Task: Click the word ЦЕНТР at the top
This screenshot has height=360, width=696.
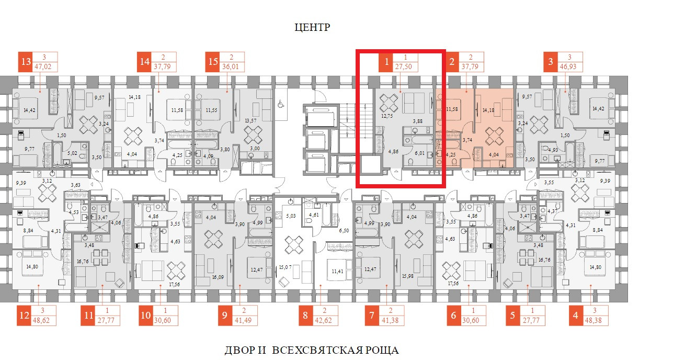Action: coord(312,27)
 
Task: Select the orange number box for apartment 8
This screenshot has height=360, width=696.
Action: coord(305,316)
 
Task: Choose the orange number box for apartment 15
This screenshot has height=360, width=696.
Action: coord(213,62)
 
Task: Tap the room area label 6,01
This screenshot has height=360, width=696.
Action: coord(420,154)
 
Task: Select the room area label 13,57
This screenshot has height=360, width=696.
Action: coord(251,120)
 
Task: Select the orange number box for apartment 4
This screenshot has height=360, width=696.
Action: coord(576,316)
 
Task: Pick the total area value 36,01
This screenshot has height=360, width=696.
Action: coord(227,67)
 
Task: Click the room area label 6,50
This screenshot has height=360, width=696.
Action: coord(344,231)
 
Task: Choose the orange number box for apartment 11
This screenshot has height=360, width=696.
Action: coord(88,316)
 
